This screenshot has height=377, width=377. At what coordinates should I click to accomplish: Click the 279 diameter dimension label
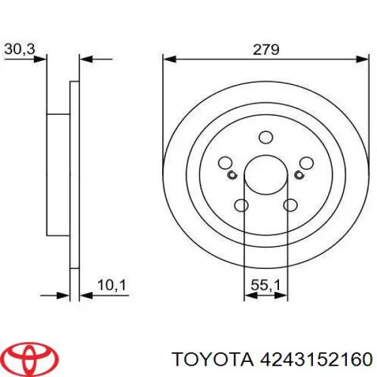[266, 50]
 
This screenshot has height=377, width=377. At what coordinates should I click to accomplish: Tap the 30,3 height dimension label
[19, 49]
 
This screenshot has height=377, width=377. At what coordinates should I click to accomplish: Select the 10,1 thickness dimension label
[112, 285]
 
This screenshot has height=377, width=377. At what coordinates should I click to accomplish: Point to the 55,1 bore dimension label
[266, 286]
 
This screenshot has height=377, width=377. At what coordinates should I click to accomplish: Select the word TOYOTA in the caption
[213, 359]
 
